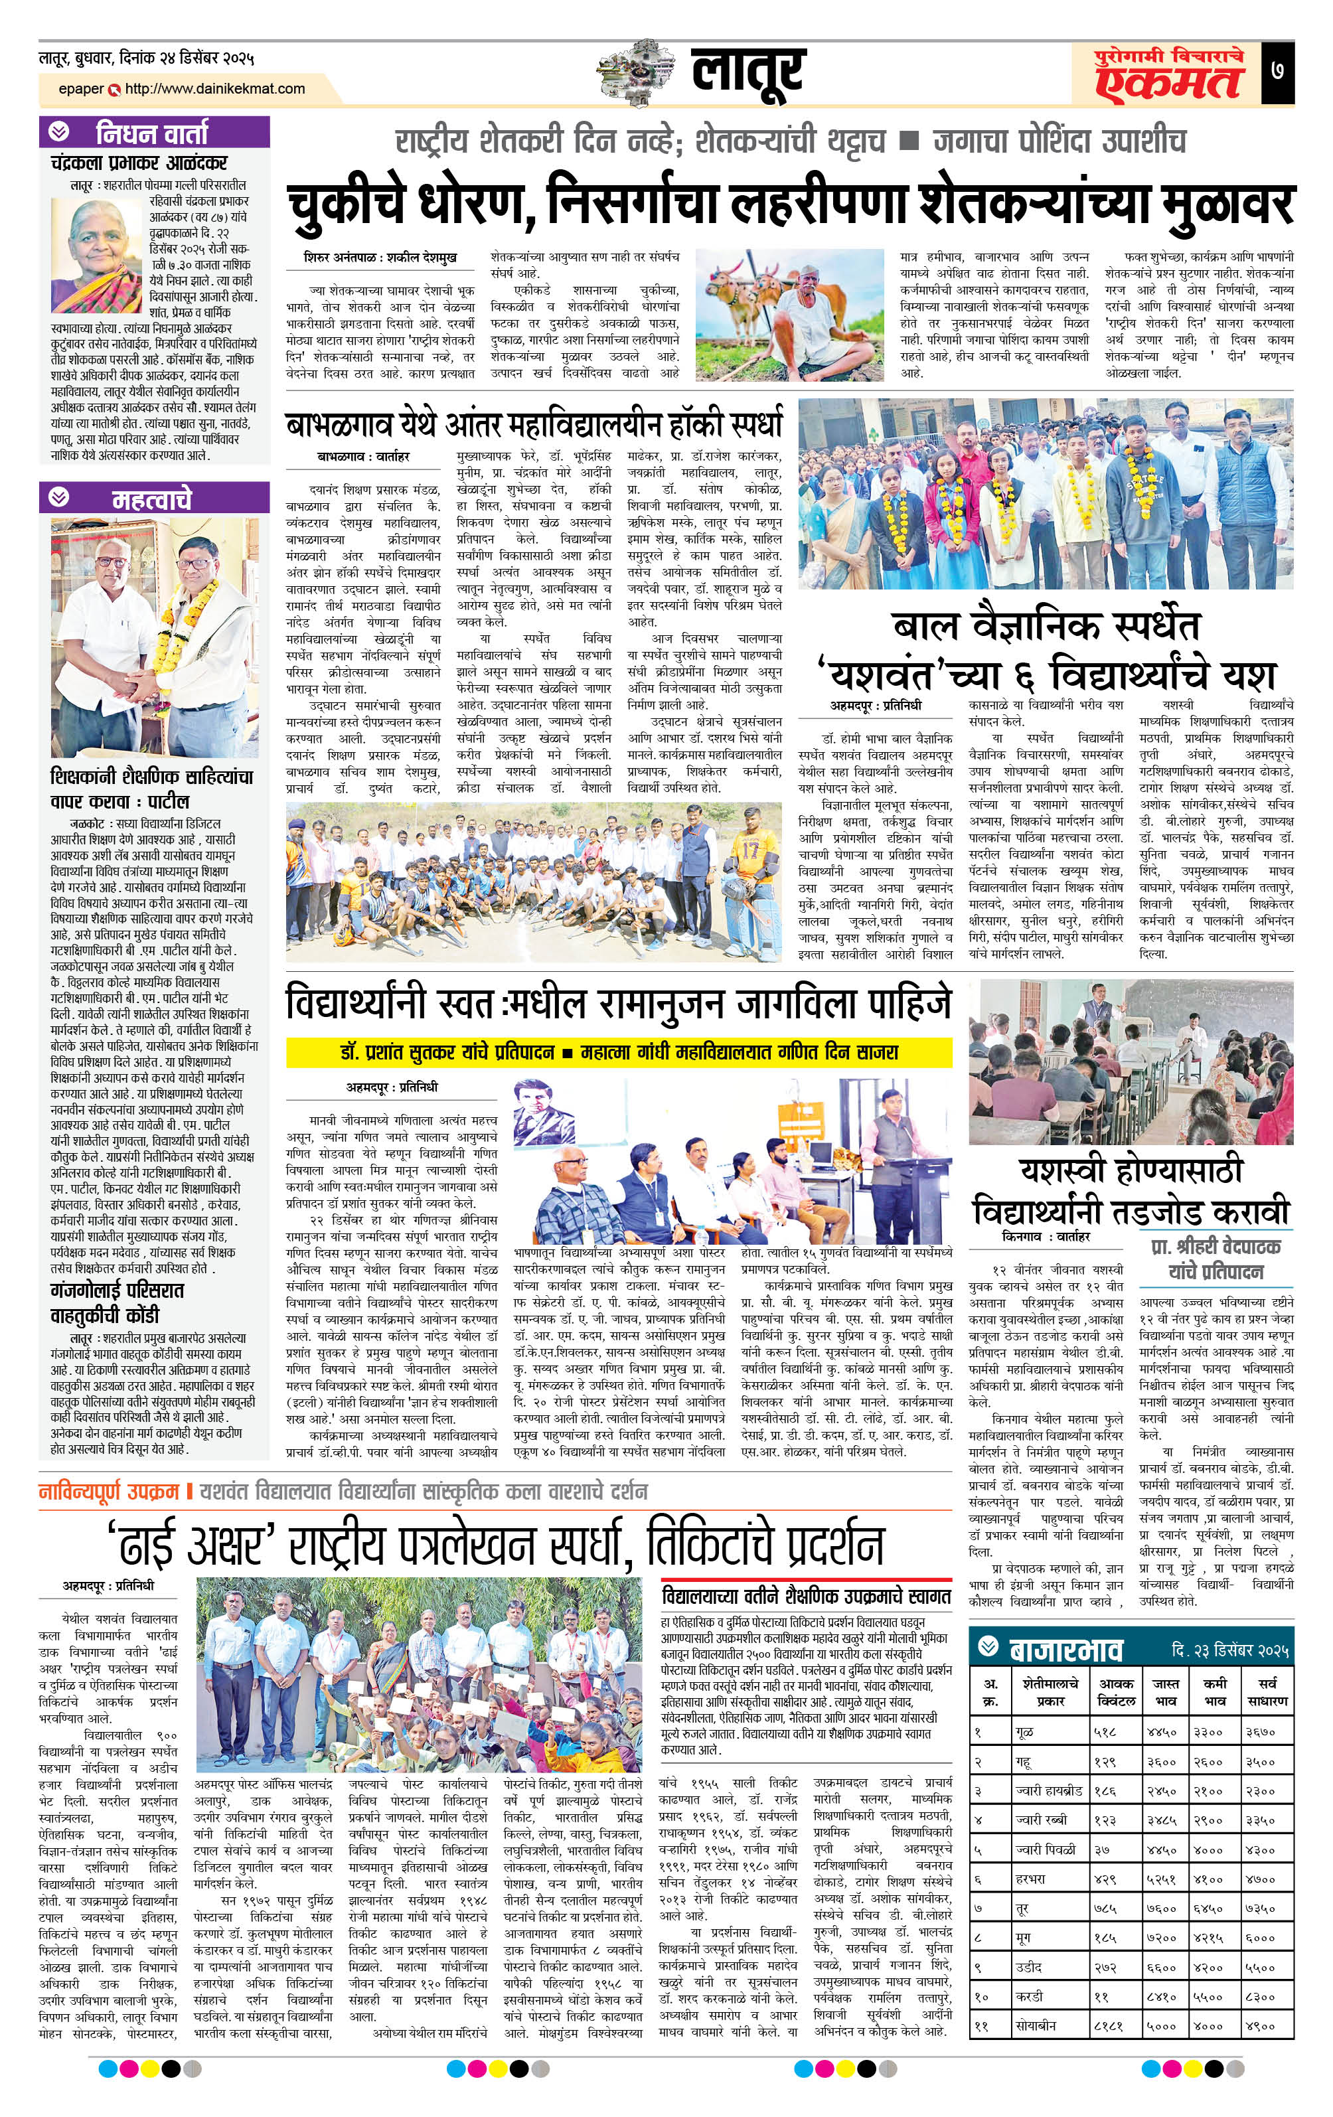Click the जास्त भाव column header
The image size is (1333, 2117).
(1166, 1691)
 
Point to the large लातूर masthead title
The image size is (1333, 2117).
(747, 72)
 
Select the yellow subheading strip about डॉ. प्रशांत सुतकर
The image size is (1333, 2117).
(619, 1052)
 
